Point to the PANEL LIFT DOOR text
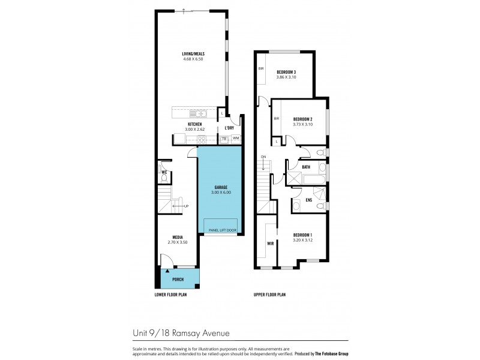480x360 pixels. pos(221,230)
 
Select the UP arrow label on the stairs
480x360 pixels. pos(186,206)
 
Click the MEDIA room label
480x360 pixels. pos(177,237)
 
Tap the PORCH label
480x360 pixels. pos(178,280)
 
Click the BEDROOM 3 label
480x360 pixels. pos(286,72)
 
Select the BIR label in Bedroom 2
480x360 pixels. pos(276,119)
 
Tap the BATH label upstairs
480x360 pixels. pos(306,167)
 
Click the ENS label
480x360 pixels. pos(308,200)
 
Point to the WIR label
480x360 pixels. pos(269,244)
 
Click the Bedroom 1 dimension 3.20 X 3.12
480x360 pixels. pos(302,239)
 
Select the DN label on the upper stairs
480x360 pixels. pos(263,157)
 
